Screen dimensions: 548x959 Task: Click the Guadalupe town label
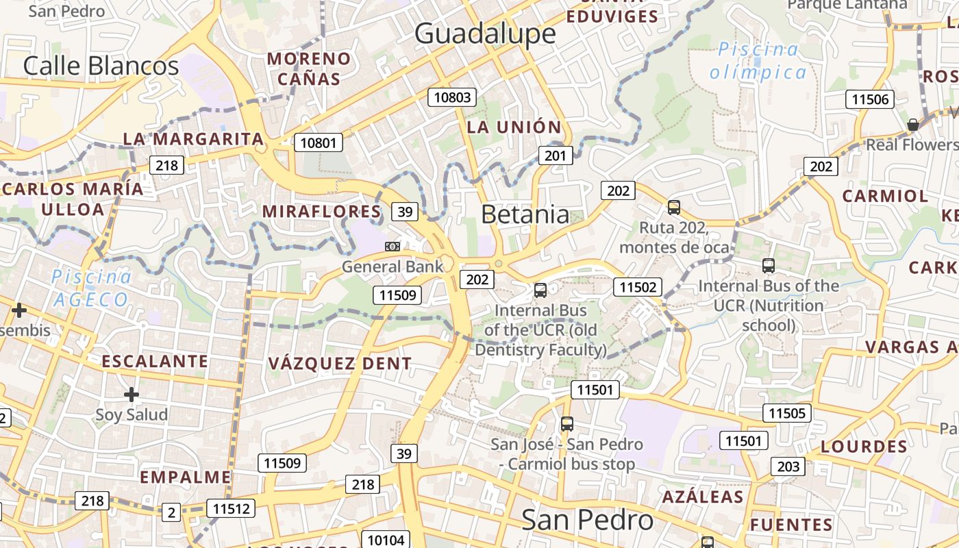click(485, 34)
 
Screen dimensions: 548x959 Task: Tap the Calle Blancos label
click(101, 66)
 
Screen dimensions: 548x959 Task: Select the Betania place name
click(525, 214)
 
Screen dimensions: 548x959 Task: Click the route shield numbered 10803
click(453, 97)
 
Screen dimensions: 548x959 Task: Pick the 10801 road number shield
click(319, 143)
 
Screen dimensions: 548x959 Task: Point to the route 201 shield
click(555, 155)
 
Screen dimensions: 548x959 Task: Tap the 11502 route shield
click(638, 287)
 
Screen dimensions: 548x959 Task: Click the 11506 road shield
click(870, 99)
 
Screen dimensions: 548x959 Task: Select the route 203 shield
click(788, 466)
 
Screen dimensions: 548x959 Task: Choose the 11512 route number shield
click(231, 509)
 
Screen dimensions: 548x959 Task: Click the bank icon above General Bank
click(393, 246)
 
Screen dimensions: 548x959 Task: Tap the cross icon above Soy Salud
click(132, 395)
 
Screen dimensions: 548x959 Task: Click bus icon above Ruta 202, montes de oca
click(674, 207)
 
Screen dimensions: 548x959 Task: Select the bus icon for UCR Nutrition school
click(769, 266)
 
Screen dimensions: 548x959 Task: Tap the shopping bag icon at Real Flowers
click(912, 125)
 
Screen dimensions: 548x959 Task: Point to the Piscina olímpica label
click(758, 60)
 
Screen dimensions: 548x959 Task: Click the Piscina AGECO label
click(92, 288)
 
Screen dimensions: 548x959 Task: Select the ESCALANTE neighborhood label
click(155, 361)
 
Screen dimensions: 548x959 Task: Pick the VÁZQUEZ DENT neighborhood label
click(340, 364)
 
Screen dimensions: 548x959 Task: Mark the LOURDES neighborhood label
click(863, 447)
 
